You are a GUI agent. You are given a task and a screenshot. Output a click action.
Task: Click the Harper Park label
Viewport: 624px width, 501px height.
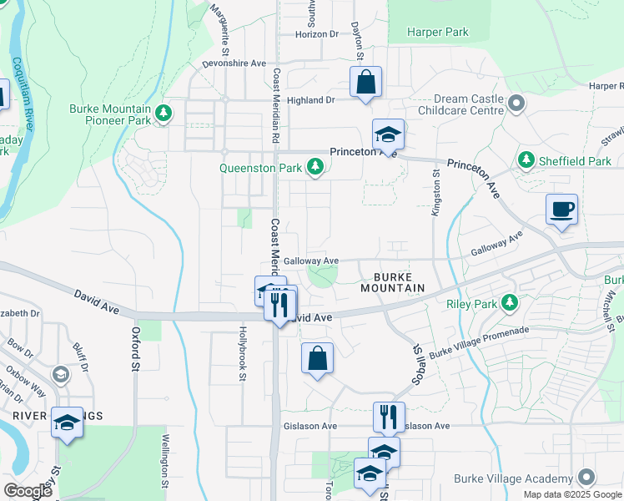438,33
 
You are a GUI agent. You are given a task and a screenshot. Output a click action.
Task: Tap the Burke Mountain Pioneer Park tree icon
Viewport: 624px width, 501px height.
164,111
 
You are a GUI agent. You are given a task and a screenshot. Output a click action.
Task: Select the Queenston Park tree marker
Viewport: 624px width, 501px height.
315,168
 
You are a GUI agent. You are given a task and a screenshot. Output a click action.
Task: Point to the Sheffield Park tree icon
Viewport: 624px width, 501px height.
526,160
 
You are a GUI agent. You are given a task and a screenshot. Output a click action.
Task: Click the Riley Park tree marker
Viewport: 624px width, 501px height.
506,303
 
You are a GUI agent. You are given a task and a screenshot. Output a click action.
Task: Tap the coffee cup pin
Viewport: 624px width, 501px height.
561,209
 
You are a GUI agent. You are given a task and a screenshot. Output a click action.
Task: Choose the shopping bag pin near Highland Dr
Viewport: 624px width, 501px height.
365,83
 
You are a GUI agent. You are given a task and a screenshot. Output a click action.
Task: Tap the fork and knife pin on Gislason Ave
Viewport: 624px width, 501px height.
389,417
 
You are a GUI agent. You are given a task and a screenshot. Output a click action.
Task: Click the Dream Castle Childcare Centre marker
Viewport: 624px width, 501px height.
517,104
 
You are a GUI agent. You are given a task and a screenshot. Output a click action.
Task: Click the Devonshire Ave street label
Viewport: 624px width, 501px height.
234,63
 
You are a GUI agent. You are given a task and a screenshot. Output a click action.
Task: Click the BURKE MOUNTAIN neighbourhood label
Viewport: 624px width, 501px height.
393,281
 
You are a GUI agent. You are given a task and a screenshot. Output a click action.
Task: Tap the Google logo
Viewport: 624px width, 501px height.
28,491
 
